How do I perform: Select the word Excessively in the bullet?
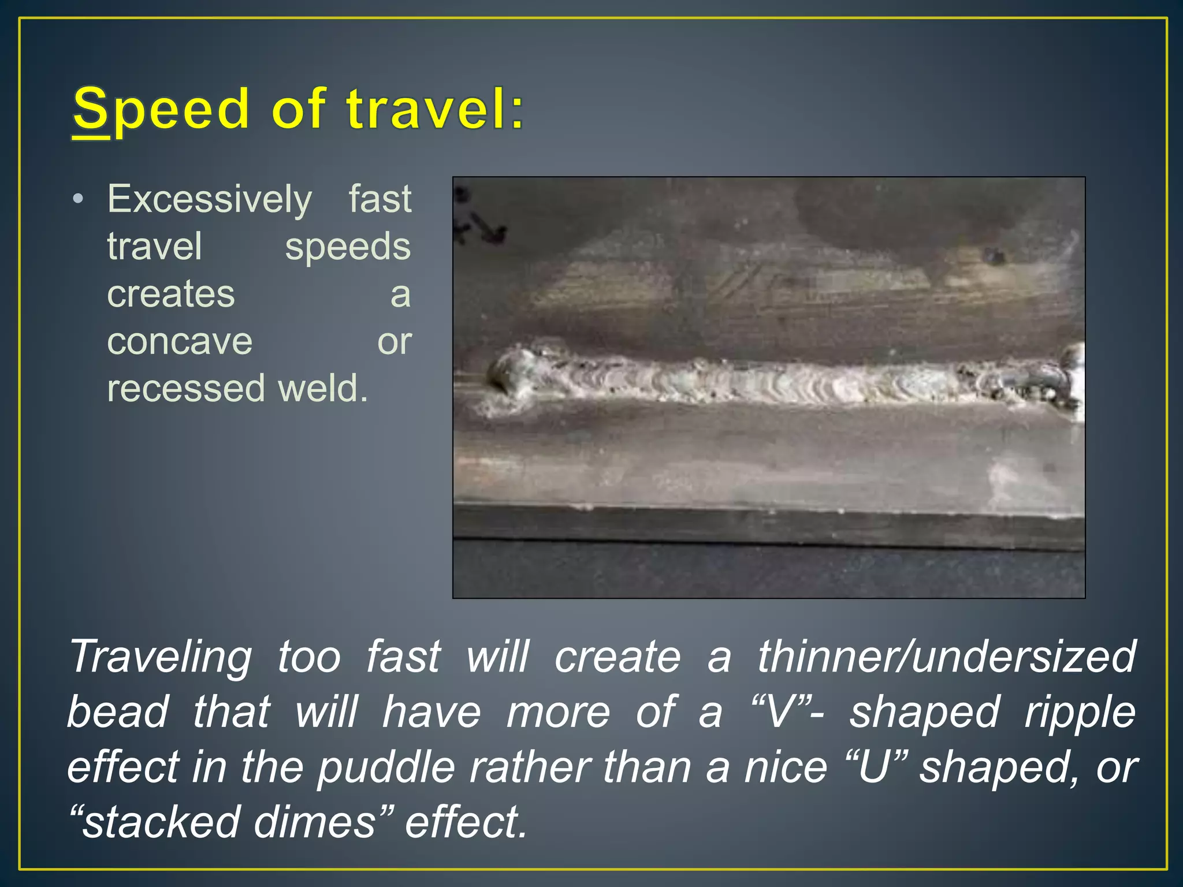[x=210, y=199]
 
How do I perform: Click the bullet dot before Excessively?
[x=78, y=200]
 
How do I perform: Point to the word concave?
[x=180, y=341]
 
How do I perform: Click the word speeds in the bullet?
[x=348, y=247]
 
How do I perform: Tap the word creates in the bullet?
[x=171, y=294]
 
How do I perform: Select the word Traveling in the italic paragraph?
[x=161, y=657]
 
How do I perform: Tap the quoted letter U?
[x=874, y=767]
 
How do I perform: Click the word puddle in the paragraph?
[x=386, y=768]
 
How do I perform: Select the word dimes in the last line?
[x=315, y=822]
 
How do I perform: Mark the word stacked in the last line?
[x=160, y=822]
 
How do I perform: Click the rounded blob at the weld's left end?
[x=508, y=372]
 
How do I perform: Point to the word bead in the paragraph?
[x=118, y=713]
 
